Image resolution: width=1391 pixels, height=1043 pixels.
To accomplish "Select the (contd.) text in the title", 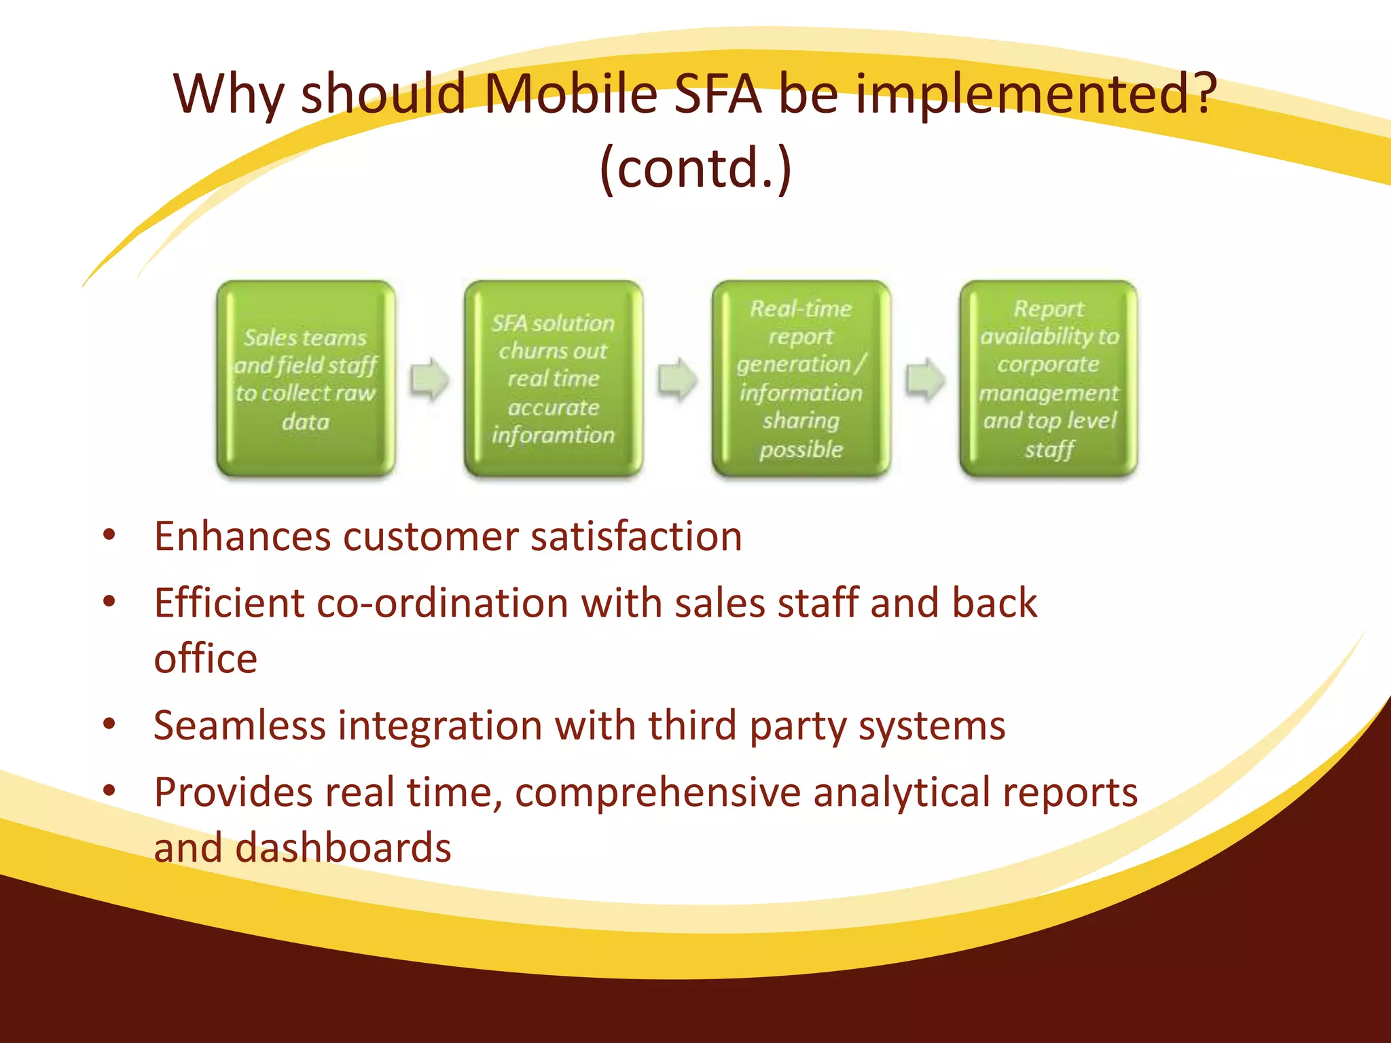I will [695, 168].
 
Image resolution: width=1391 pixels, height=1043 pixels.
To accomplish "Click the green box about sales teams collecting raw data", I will [306, 379].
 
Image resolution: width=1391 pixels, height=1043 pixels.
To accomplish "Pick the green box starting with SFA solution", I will [553, 379].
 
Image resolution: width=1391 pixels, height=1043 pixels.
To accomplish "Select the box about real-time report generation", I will [801, 379].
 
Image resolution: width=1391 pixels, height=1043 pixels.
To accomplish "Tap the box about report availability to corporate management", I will [1048, 379].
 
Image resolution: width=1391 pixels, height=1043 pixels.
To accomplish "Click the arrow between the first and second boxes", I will [429, 379].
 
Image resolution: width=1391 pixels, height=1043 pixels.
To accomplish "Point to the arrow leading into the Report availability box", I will [925, 379].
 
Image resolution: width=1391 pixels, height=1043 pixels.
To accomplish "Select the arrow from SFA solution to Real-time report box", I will [677, 379].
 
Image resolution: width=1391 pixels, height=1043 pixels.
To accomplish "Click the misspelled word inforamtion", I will [553, 435].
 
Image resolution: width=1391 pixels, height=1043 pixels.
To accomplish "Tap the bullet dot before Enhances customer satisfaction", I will [109, 535].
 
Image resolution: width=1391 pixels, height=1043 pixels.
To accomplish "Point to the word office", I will [205, 659].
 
